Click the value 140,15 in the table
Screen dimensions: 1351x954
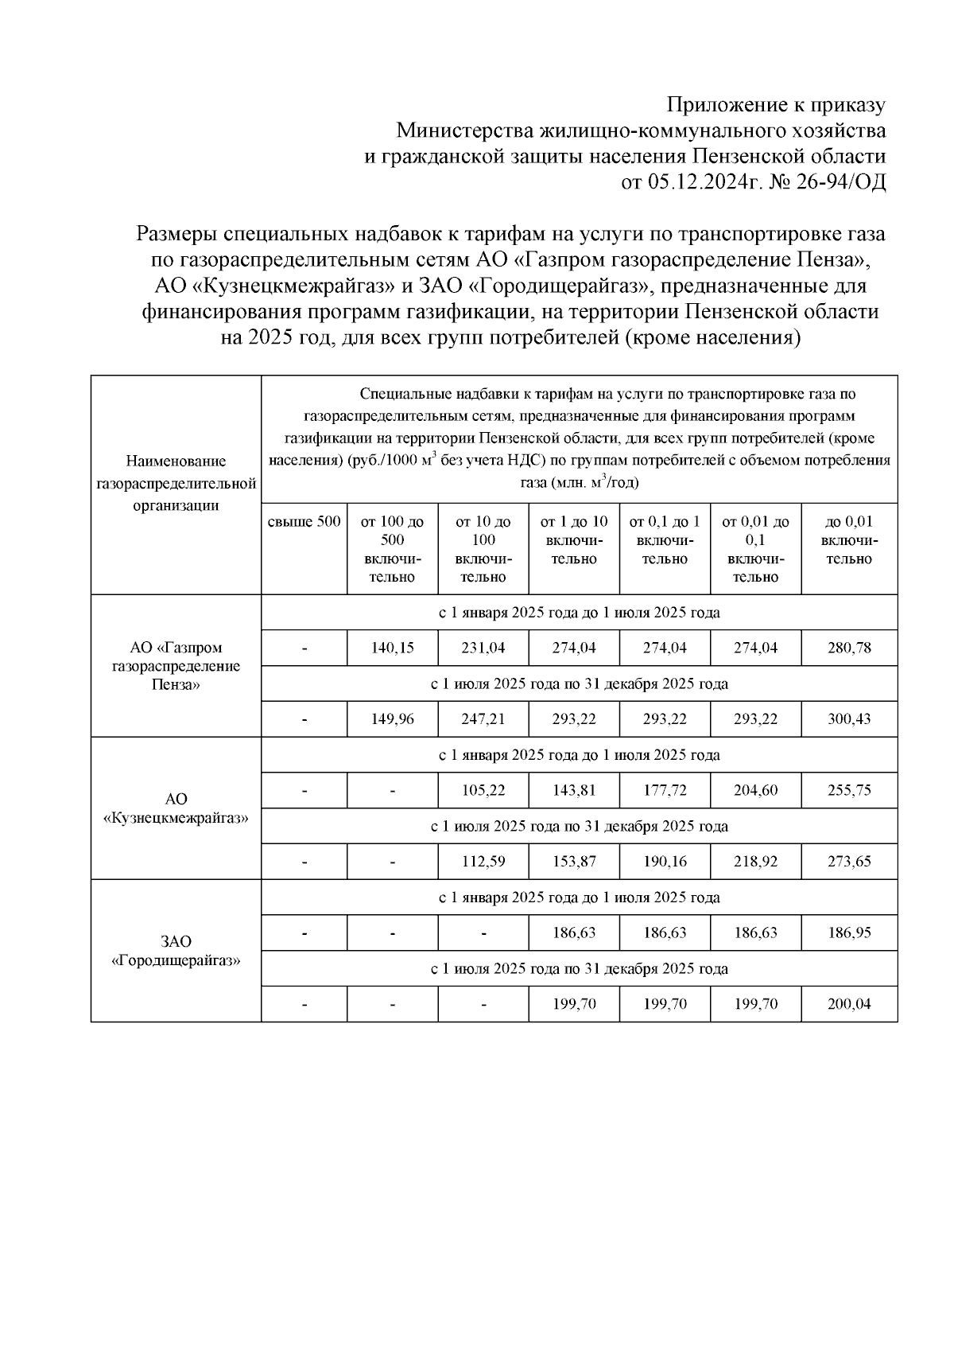click(x=392, y=648)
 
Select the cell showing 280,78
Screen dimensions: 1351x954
click(x=848, y=648)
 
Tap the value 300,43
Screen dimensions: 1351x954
click(x=848, y=718)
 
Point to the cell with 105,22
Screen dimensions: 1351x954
click(x=483, y=790)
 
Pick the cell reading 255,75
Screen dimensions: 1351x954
click(x=848, y=790)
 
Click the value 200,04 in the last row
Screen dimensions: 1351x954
click(x=848, y=1004)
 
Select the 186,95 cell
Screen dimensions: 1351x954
click(x=848, y=932)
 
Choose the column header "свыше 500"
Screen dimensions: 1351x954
click(x=304, y=522)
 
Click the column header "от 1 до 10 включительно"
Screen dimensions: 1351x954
click(x=573, y=540)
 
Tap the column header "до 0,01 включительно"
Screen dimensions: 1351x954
click(x=848, y=540)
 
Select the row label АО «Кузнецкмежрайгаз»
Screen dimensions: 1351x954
click(x=176, y=808)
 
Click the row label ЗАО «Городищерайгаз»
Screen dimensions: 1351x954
click(x=176, y=951)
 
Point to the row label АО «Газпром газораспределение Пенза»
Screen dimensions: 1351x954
click(x=176, y=666)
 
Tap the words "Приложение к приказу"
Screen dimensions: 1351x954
click(x=775, y=104)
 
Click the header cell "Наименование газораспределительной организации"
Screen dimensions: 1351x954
click(x=176, y=483)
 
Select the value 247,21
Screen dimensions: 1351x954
click(x=483, y=718)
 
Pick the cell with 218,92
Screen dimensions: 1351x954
click(x=755, y=861)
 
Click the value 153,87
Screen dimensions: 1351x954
click(x=573, y=861)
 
